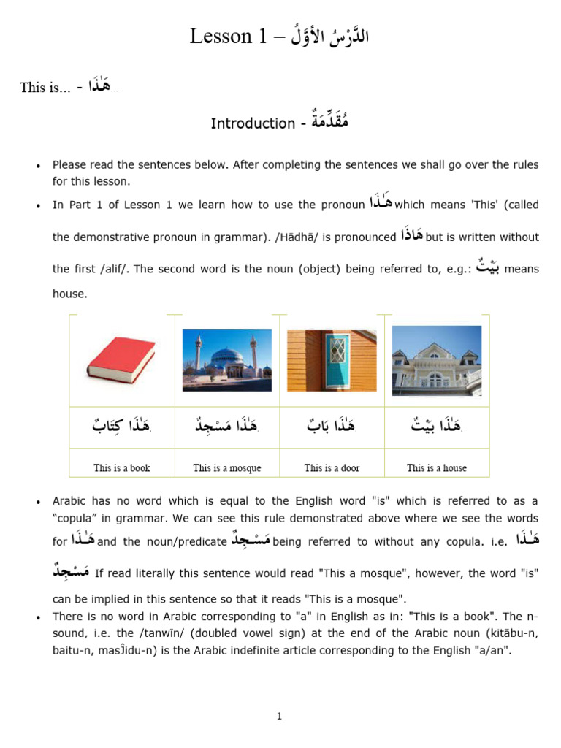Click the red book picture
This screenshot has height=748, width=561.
pos(121,361)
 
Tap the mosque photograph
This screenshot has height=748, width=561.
pos(226,360)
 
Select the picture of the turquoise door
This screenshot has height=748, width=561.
pos(332,360)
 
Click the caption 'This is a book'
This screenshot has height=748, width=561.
pos(122,468)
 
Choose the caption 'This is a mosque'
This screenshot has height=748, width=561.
pos(227,468)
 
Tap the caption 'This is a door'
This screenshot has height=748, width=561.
pos(332,468)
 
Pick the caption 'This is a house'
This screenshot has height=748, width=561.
pos(437,468)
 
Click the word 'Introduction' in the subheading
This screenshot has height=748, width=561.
pos(253,123)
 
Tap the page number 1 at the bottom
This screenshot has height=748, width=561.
pos(280,717)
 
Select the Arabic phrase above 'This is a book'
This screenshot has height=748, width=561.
pos(121,427)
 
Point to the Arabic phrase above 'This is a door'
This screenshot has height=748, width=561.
pos(332,427)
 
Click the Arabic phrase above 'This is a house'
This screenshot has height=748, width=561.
pos(437,427)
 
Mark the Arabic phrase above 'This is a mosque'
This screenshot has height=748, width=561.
pos(226,427)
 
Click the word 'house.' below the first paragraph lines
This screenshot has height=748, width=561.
pos(69,294)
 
